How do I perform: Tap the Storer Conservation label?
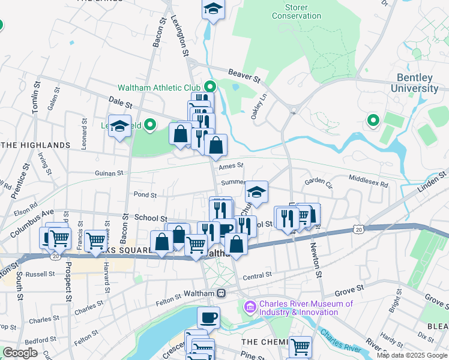(297, 11)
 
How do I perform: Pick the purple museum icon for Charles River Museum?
(250, 308)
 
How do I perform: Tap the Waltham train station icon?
(221, 293)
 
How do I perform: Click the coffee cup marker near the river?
(208, 317)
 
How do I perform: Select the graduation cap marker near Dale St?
(120, 127)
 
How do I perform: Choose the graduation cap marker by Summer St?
(256, 193)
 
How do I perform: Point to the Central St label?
(258, 276)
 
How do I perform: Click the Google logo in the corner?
(20, 353)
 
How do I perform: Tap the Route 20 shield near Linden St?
(358, 229)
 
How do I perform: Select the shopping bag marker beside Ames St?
(215, 145)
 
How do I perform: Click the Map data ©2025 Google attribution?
(412, 355)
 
